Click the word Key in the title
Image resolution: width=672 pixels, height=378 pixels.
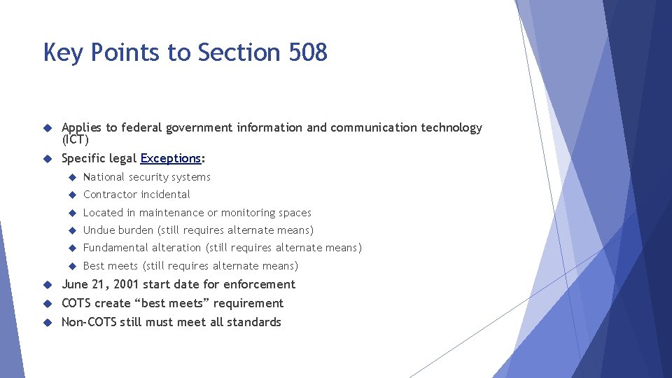click(62, 52)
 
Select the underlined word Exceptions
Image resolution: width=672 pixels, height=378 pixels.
click(170, 158)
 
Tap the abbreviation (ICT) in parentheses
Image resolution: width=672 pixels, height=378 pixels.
click(75, 139)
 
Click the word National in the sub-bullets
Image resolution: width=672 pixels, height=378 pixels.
click(104, 177)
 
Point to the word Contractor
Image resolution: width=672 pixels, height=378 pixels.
click(108, 195)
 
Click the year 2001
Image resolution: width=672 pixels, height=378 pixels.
click(125, 284)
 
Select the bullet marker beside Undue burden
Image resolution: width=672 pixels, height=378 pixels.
click(71, 230)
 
